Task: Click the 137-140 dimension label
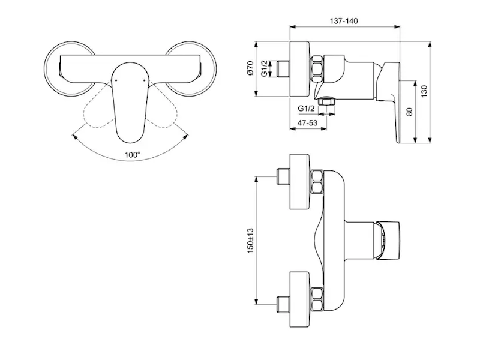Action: coord(344,21)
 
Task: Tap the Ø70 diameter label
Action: coord(250,68)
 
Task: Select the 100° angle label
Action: coord(132,155)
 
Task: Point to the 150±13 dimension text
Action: coord(250,241)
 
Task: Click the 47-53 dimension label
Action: coord(307,123)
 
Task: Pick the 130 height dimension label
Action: coord(424,91)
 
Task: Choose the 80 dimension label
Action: coord(410,112)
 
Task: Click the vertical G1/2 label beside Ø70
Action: coord(264,68)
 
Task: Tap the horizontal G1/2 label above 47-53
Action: coord(306,109)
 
